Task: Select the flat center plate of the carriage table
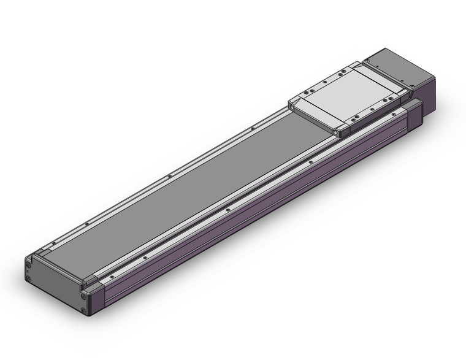[346, 98]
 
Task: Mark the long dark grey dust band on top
[184, 184]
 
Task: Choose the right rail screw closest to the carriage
[311, 163]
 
